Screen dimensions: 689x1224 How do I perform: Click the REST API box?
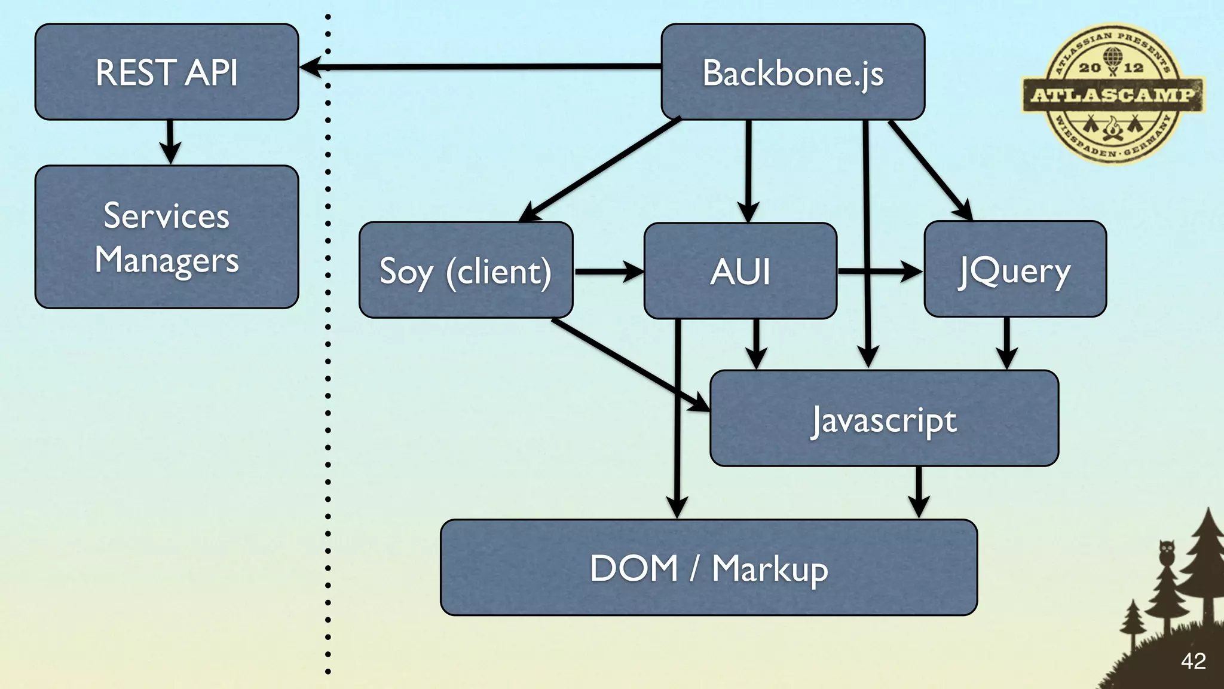pos(166,72)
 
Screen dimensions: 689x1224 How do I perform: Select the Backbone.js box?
pos(792,72)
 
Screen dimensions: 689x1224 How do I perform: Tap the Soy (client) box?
pos(466,270)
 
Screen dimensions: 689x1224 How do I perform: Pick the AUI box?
pos(740,270)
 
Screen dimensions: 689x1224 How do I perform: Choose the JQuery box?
pos(1015,269)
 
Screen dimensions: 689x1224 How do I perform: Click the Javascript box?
pos(884,419)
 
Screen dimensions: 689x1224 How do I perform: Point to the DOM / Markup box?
pos(709,568)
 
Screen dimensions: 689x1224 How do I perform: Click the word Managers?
pos(167,261)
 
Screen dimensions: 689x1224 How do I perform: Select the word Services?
pos(167,216)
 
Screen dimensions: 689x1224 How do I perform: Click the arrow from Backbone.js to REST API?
pos(478,67)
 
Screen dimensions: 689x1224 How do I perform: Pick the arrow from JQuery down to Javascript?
pos(1007,343)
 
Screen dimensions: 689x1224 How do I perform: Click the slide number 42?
pos(1193,661)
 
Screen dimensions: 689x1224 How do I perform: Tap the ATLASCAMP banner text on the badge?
pos(1113,95)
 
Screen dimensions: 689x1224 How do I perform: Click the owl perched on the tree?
pos(1166,551)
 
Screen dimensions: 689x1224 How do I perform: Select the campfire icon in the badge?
pos(1112,129)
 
